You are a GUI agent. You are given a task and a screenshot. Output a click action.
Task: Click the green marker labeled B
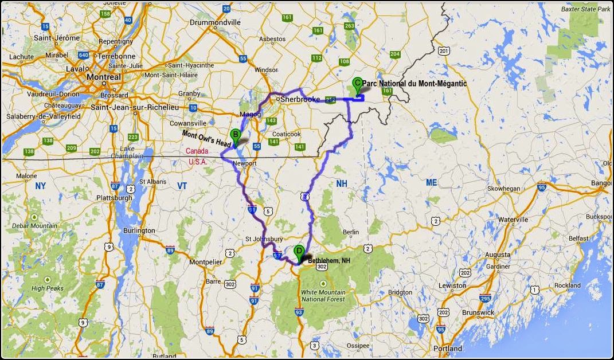coord(234,136)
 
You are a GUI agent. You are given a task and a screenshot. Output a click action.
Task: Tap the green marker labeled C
coord(357,84)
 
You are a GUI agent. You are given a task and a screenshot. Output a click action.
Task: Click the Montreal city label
coord(103,77)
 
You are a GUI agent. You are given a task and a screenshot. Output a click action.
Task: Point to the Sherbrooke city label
coord(299,99)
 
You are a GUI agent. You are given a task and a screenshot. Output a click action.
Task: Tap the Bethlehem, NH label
coord(329,260)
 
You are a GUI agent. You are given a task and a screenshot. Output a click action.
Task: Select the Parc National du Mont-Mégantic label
coord(414,84)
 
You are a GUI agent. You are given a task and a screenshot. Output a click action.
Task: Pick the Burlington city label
coord(139,230)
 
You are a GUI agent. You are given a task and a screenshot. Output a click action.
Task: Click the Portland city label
coord(448,348)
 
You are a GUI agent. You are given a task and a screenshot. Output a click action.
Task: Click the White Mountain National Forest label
coord(324,295)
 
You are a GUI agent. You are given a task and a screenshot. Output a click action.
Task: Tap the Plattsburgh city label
coord(116,198)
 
